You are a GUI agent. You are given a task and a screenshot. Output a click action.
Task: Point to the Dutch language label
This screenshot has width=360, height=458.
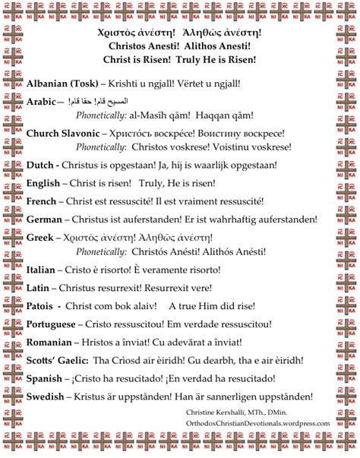pyautogui.click(x=39, y=163)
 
